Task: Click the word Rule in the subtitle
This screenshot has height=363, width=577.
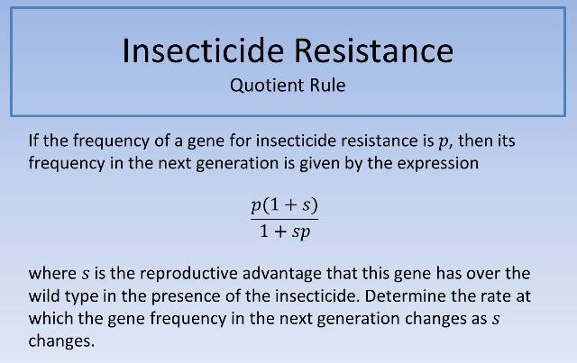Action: coord(326,88)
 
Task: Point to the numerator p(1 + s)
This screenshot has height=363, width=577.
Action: coord(285,205)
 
